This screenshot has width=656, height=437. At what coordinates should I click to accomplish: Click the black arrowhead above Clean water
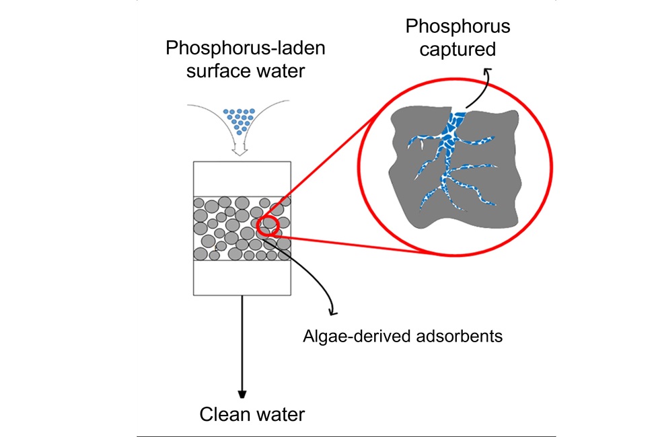point(242,394)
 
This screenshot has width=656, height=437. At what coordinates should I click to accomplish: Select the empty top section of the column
point(242,179)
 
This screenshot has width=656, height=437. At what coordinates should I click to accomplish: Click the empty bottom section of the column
point(242,277)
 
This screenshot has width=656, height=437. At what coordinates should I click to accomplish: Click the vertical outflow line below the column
point(242,343)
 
